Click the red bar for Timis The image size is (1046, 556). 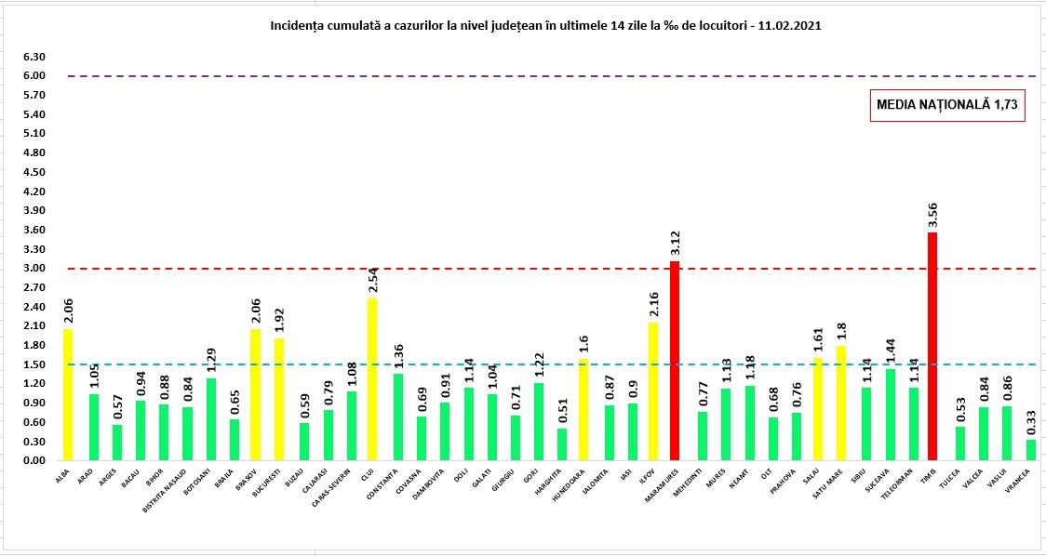pyautogui.click(x=932, y=346)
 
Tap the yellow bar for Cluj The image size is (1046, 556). pyautogui.click(x=371, y=379)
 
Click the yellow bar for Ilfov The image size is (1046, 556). pyautogui.click(x=652, y=391)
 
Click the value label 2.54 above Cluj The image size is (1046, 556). pyautogui.click(x=371, y=279)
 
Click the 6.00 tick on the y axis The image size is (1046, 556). pyautogui.click(x=35, y=76)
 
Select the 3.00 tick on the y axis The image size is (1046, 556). pyautogui.click(x=35, y=269)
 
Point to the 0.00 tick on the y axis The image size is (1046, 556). pyautogui.click(x=35, y=461)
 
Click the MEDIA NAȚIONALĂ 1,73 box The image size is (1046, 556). pyautogui.click(x=948, y=107)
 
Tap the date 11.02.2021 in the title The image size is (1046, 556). pyautogui.click(x=789, y=27)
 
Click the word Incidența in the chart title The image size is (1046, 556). pyautogui.click(x=297, y=27)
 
